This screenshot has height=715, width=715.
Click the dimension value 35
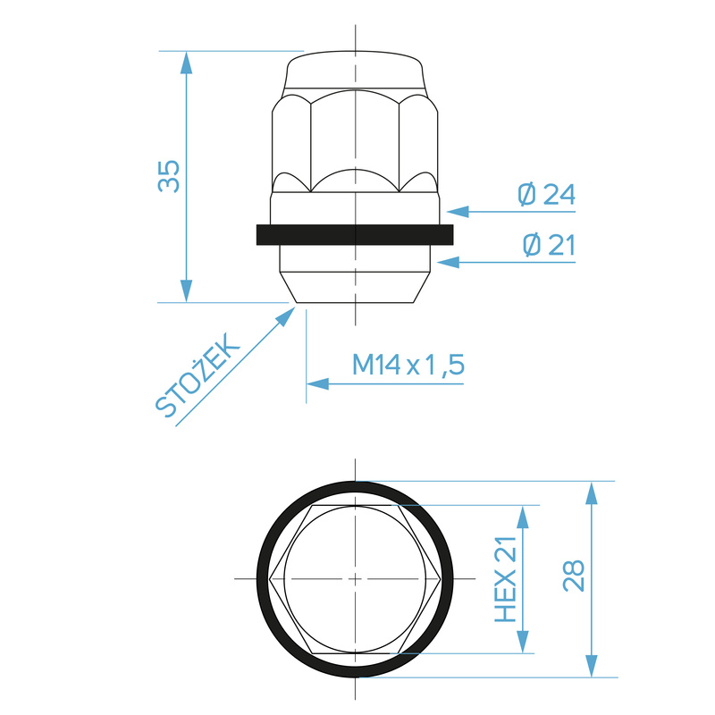[170, 176]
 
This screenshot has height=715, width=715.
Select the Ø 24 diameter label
[546, 194]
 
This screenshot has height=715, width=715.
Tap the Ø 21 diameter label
[546, 246]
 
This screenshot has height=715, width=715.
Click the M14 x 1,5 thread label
[408, 365]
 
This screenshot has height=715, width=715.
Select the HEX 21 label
[507, 580]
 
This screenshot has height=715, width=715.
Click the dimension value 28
[574, 576]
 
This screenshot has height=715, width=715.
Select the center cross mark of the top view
[356, 579]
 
